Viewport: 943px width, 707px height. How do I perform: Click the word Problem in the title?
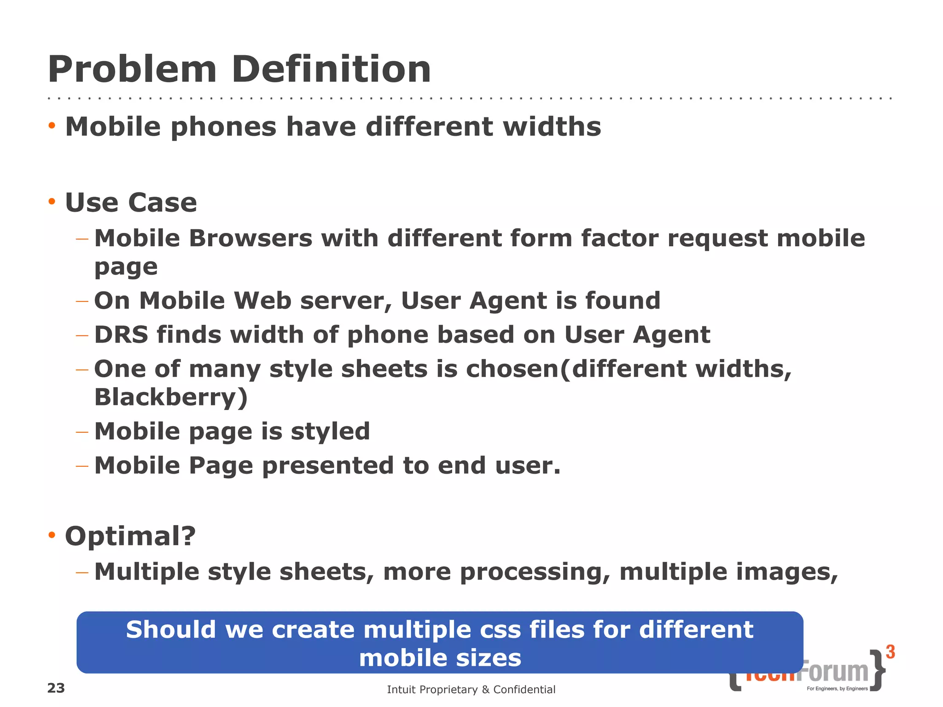[x=132, y=70]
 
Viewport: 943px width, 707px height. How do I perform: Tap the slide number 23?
[x=56, y=688]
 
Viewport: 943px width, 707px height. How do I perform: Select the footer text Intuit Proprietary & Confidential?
[x=471, y=690]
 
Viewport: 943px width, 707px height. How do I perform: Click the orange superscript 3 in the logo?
[x=891, y=652]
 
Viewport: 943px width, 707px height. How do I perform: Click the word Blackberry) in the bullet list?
[x=171, y=397]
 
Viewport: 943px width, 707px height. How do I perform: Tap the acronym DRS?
[x=121, y=335]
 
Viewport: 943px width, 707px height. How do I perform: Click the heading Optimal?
[x=130, y=536]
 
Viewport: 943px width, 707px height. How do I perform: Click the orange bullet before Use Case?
[x=52, y=202]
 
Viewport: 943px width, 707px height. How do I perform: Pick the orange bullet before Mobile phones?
[x=52, y=126]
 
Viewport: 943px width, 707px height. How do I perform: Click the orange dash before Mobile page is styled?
[x=82, y=432]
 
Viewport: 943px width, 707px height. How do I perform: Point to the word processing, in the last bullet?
[x=535, y=572]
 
